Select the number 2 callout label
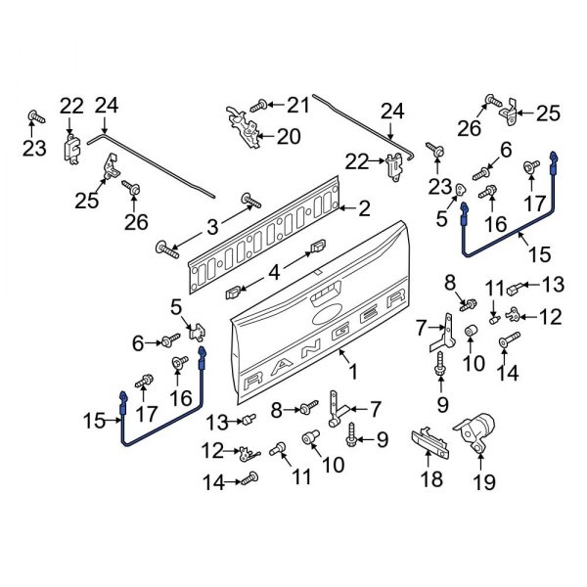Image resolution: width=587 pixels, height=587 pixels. [x=364, y=208]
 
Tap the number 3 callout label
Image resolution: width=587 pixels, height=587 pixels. [x=212, y=228]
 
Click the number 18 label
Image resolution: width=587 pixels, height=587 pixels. [x=431, y=478]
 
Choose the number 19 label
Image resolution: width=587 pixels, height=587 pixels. [x=485, y=481]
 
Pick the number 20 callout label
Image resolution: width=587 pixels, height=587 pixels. [x=289, y=137]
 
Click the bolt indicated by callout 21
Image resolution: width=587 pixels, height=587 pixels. [x=261, y=104]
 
